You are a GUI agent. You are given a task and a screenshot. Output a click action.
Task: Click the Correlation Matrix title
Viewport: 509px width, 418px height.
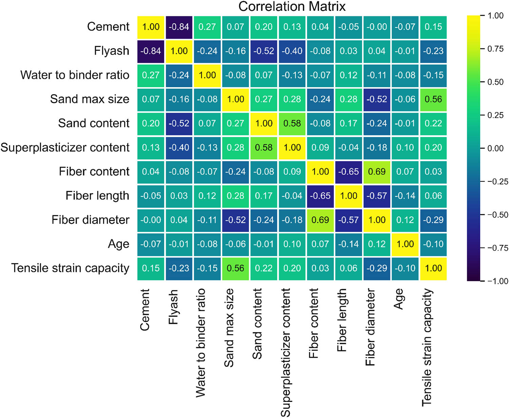click(x=292, y=6)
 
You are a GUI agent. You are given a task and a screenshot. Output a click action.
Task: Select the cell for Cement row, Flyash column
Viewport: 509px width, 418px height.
click(x=179, y=27)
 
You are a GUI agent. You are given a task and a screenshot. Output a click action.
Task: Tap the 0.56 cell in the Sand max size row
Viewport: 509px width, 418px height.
click(x=433, y=99)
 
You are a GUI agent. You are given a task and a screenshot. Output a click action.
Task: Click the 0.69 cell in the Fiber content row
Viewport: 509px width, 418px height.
click(x=377, y=171)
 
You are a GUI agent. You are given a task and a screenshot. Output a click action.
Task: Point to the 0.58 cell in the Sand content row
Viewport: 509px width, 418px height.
click(x=292, y=123)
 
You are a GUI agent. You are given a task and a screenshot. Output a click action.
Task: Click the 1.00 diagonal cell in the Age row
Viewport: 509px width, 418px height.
click(x=405, y=244)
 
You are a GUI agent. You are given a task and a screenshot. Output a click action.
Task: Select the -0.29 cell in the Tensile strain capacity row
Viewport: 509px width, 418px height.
click(x=377, y=268)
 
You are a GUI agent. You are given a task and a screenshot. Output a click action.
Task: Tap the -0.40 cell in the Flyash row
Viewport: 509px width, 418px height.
click(x=292, y=51)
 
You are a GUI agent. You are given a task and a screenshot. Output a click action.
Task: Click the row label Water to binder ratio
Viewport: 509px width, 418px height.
click(x=75, y=75)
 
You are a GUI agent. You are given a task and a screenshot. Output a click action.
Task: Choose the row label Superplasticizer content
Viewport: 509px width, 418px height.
click(x=65, y=148)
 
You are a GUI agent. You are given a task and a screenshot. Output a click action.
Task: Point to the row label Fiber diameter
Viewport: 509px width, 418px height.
click(x=90, y=220)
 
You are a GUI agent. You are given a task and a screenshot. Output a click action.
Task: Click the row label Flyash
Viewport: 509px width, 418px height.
click(x=112, y=51)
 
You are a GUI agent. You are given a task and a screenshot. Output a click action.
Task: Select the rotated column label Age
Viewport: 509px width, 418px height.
click(x=399, y=299)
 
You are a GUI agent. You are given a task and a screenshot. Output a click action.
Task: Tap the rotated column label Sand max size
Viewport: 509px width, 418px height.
click(x=229, y=328)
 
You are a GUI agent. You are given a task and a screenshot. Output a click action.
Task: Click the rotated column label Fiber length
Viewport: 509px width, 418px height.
click(x=342, y=320)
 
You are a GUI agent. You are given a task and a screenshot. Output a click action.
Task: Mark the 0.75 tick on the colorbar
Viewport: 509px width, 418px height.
click(x=495, y=49)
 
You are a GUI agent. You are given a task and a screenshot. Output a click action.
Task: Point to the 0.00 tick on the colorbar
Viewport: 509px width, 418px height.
click(x=495, y=148)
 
